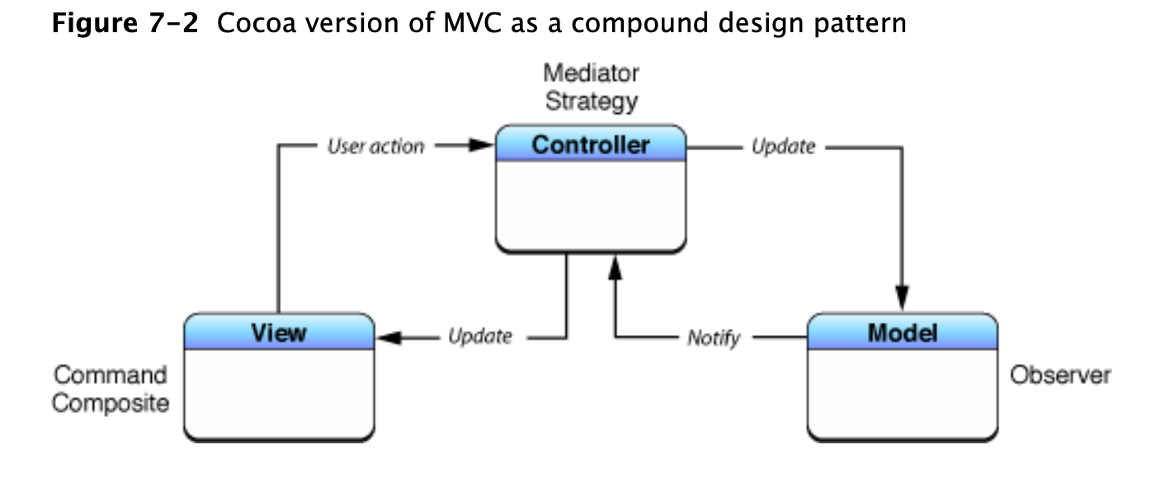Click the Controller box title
tap(590, 145)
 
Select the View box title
tap(279, 333)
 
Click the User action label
tap(375, 147)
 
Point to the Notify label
tap(714, 338)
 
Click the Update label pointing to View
tap(479, 337)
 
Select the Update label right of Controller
tap(783, 147)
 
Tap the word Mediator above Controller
tap(591, 73)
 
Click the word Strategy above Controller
tap(592, 102)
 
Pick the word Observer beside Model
tap(1060, 376)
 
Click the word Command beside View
tap(110, 376)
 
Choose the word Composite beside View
tap(110, 404)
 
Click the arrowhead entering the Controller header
tap(481, 146)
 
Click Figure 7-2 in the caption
tap(125, 22)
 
